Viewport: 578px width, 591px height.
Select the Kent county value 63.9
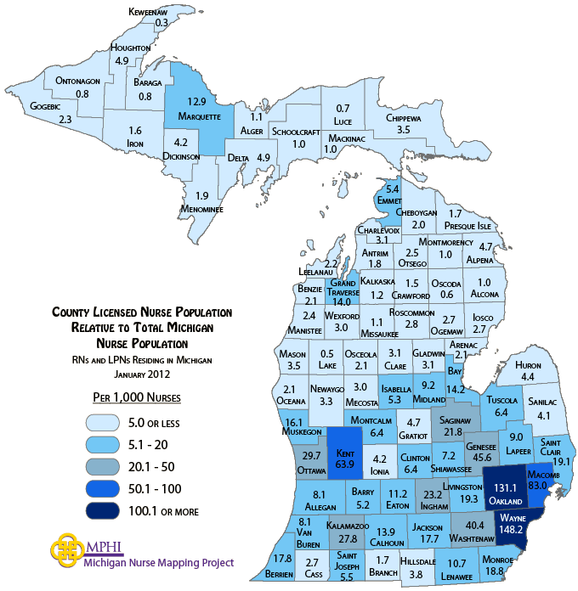(x=347, y=464)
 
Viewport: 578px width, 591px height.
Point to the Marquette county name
(x=200, y=116)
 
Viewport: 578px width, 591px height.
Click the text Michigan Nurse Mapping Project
(x=159, y=562)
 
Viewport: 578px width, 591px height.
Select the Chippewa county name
(x=404, y=118)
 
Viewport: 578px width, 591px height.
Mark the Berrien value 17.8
(x=283, y=558)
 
